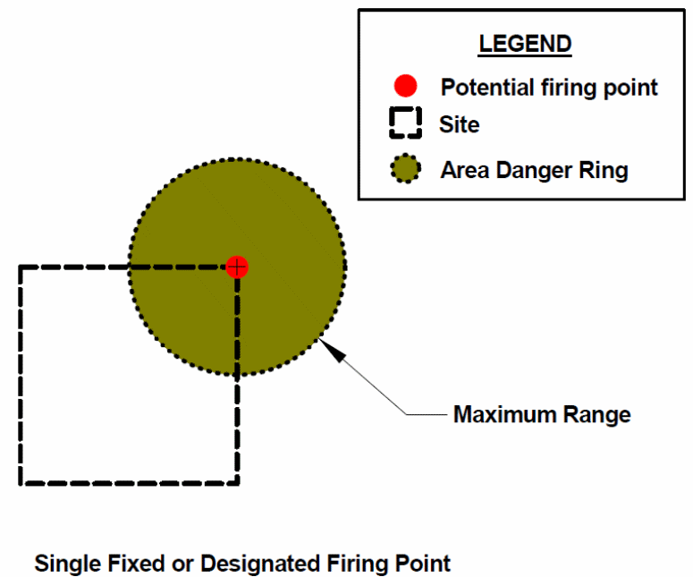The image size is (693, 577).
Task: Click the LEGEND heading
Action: coord(525,44)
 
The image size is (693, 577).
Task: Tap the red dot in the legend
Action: coord(406,87)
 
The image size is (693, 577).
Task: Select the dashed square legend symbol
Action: coord(406,123)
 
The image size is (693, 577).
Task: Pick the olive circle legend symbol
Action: coord(406,168)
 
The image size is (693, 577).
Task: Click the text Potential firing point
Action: coord(549,88)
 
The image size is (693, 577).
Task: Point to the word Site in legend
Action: coord(459,124)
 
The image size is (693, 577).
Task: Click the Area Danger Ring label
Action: coord(534,170)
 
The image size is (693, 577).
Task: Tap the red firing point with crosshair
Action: coord(236,267)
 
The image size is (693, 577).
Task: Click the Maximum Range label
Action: coord(542,415)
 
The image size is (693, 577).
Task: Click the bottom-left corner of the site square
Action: coord(21,483)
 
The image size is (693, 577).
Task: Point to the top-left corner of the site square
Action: coord(21,267)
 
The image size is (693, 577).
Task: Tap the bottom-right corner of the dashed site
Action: coord(237,483)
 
